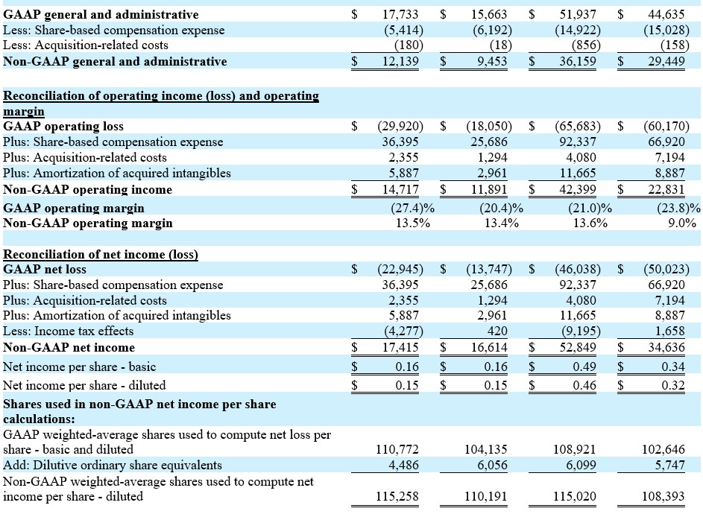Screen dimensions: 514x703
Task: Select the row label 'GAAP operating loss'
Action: (63, 127)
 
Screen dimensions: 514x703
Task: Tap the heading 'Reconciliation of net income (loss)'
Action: (101, 254)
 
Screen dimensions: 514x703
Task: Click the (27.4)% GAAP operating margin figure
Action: (413, 208)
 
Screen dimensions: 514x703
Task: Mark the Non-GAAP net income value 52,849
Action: (578, 347)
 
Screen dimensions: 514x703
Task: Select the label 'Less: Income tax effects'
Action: (69, 331)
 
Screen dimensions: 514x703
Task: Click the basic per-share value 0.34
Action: (673, 367)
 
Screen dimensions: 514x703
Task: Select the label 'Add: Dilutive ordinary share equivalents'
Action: (113, 465)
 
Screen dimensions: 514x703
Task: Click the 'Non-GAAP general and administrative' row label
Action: (115, 61)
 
